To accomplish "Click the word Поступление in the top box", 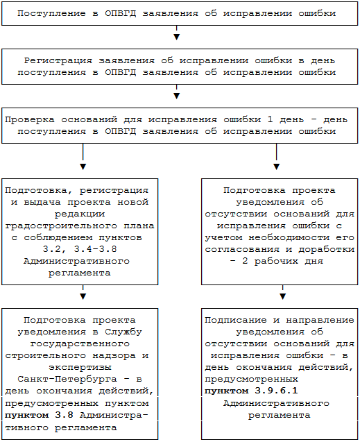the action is pyautogui.click(x=51, y=14).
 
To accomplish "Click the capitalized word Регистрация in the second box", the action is pyautogui.click(x=58, y=60).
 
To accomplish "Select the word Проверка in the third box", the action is pyautogui.click(x=30, y=120).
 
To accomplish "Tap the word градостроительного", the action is pyautogui.click(x=61, y=226).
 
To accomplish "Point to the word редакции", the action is pyautogui.click(x=80, y=214).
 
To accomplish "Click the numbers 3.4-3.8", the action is pyautogui.click(x=96, y=249).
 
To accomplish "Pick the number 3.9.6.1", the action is pyautogui.click(x=276, y=391).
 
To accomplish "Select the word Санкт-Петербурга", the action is pyautogui.click(x=67, y=379).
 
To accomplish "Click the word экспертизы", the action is pyautogui.click(x=80, y=368).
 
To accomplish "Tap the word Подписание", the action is pyautogui.click(x=236, y=321).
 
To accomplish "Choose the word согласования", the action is pyautogui.click(x=242, y=250).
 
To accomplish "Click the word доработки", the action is pyautogui.click(x=327, y=250).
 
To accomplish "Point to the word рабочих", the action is pyautogui.click(x=276, y=262).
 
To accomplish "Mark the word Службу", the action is pyautogui.click(x=123, y=332).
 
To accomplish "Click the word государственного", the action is pyautogui.click(x=80, y=344).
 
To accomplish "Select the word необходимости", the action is pyautogui.click(x=289, y=237).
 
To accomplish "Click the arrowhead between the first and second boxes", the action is pyautogui.click(x=177, y=37).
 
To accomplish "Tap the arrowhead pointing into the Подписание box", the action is pyautogui.click(x=283, y=296).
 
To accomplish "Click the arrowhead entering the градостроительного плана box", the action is pyautogui.click(x=83, y=167).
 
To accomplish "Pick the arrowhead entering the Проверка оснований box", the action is pyautogui.click(x=177, y=96).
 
